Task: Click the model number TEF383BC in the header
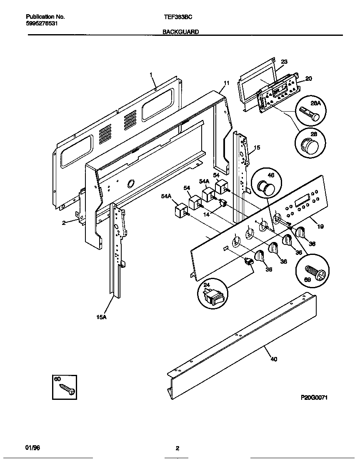[x=177, y=17]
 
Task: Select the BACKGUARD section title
[x=180, y=32]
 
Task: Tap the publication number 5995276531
[x=42, y=24]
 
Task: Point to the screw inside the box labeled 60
[x=67, y=389]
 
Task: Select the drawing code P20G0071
[x=314, y=397]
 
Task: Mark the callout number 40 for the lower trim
[x=274, y=359]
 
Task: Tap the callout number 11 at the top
[x=226, y=83]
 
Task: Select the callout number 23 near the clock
[x=284, y=62]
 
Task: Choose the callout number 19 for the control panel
[x=320, y=227]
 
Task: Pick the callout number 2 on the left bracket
[x=64, y=222]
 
